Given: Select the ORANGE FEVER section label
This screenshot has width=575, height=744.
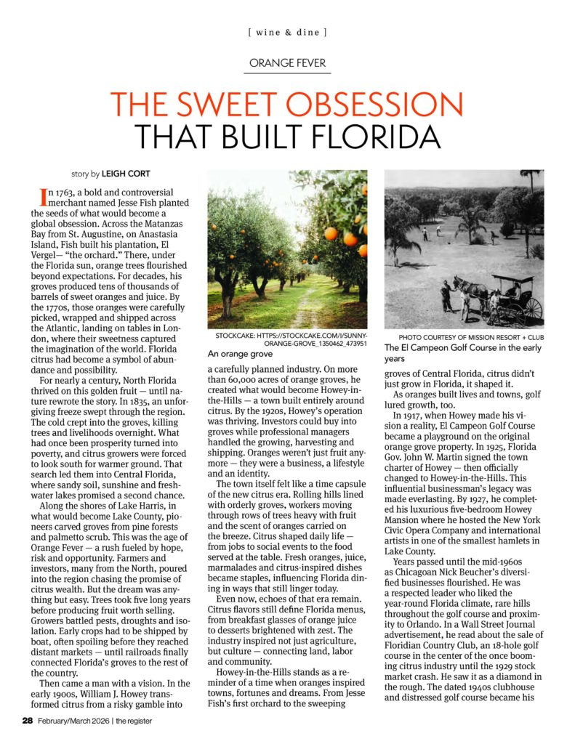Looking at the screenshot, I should [x=287, y=63].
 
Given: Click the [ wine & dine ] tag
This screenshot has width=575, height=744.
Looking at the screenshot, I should [x=287, y=33].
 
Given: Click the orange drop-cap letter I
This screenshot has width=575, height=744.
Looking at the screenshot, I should [x=43, y=195].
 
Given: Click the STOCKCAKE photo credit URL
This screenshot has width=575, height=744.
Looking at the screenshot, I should [x=291, y=341].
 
